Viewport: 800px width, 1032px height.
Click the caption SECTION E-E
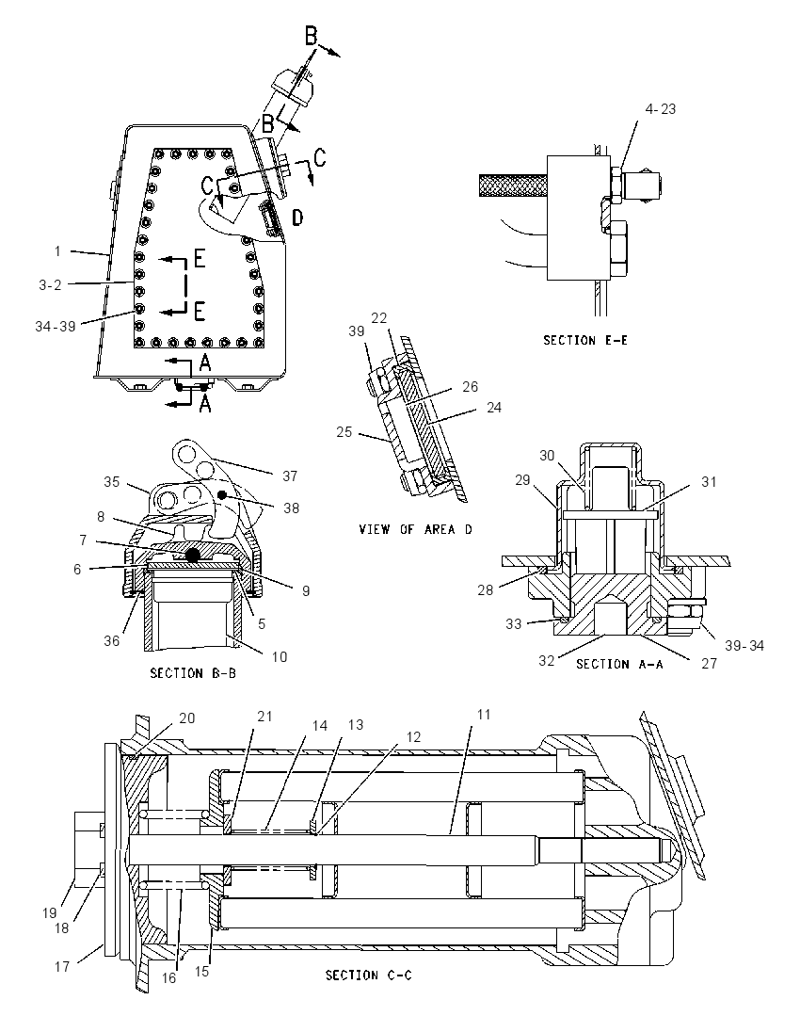(x=584, y=340)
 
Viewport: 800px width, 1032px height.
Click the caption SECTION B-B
(x=193, y=673)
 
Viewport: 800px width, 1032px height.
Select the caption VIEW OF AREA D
(x=415, y=529)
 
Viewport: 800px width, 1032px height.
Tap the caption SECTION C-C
(x=368, y=975)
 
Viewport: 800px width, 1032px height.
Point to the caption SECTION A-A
(x=619, y=664)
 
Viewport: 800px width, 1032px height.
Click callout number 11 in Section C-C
(x=484, y=714)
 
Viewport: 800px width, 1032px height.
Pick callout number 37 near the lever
(x=290, y=476)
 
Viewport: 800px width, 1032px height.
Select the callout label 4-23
(x=661, y=108)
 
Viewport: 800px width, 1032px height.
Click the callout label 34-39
(x=56, y=326)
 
